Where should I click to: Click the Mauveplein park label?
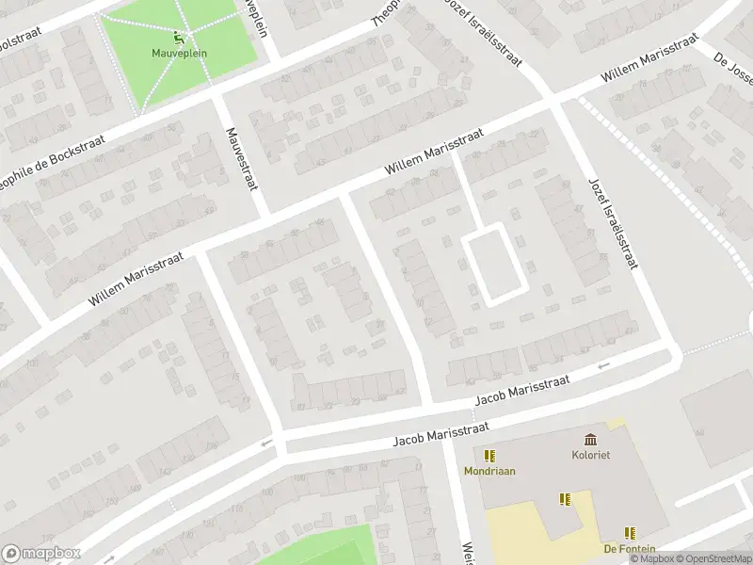tap(179, 53)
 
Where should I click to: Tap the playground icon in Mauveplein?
tap(179, 38)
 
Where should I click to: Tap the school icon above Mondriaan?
tap(489, 456)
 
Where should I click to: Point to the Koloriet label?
tap(590, 454)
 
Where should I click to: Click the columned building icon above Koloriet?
tap(590, 439)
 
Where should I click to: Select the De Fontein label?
tap(629, 548)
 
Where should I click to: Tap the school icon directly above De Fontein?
tap(629, 533)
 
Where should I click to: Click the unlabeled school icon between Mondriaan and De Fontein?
tap(565, 499)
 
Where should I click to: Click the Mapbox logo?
tap(41, 554)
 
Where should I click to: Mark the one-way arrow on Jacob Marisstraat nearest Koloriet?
tap(603, 364)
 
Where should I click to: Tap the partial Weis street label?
tap(466, 554)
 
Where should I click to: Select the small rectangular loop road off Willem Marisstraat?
tap(491, 263)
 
